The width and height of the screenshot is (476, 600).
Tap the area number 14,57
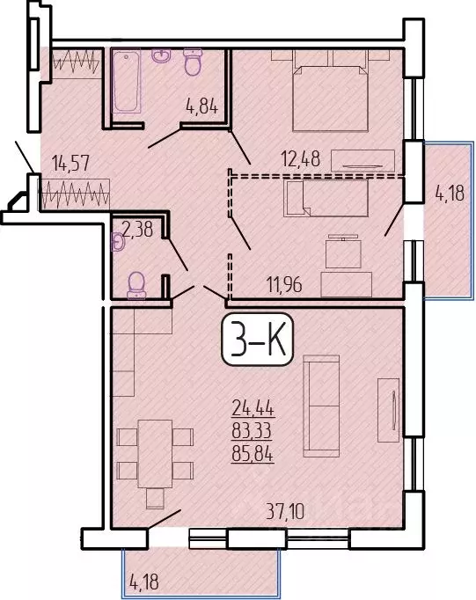coord(70,163)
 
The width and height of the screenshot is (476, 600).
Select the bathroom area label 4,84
coord(201,111)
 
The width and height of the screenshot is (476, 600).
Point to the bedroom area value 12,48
coord(302,160)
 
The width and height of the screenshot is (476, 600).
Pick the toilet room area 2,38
coord(138,230)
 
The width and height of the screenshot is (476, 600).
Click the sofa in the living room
coord(321,406)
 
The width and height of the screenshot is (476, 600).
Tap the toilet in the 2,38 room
coord(136,284)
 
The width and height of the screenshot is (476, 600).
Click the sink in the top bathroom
coord(162,57)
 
